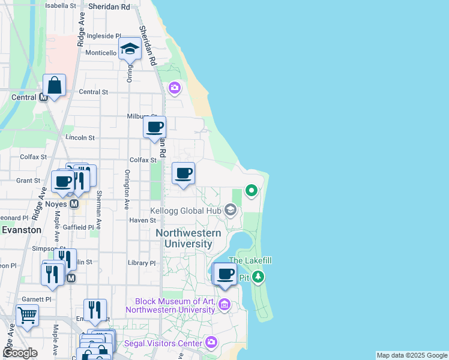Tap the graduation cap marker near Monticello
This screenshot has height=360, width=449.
pyautogui.click(x=129, y=48)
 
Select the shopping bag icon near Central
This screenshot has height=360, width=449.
pyautogui.click(x=54, y=86)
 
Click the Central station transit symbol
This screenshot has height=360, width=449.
pyautogui.click(x=43, y=98)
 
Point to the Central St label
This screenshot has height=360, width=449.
pyautogui.click(x=93, y=92)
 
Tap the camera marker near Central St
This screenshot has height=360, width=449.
pyautogui.click(x=175, y=88)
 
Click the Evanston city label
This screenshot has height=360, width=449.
pyautogui.click(x=21, y=230)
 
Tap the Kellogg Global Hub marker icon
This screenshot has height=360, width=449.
pyautogui.click(x=230, y=210)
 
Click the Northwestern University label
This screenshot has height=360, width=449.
pyautogui.click(x=188, y=238)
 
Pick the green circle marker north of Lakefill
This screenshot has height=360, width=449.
pyautogui.click(x=252, y=191)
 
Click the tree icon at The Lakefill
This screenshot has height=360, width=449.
pyautogui.click(x=258, y=277)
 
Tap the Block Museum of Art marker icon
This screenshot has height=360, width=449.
pyautogui.click(x=224, y=305)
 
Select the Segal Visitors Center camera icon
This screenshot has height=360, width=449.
pyautogui.click(x=211, y=343)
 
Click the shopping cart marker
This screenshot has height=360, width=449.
pyautogui.click(x=27, y=314)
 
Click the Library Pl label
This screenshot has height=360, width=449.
pyautogui.click(x=142, y=263)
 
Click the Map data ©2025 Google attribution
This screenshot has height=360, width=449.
pyautogui.click(x=411, y=355)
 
